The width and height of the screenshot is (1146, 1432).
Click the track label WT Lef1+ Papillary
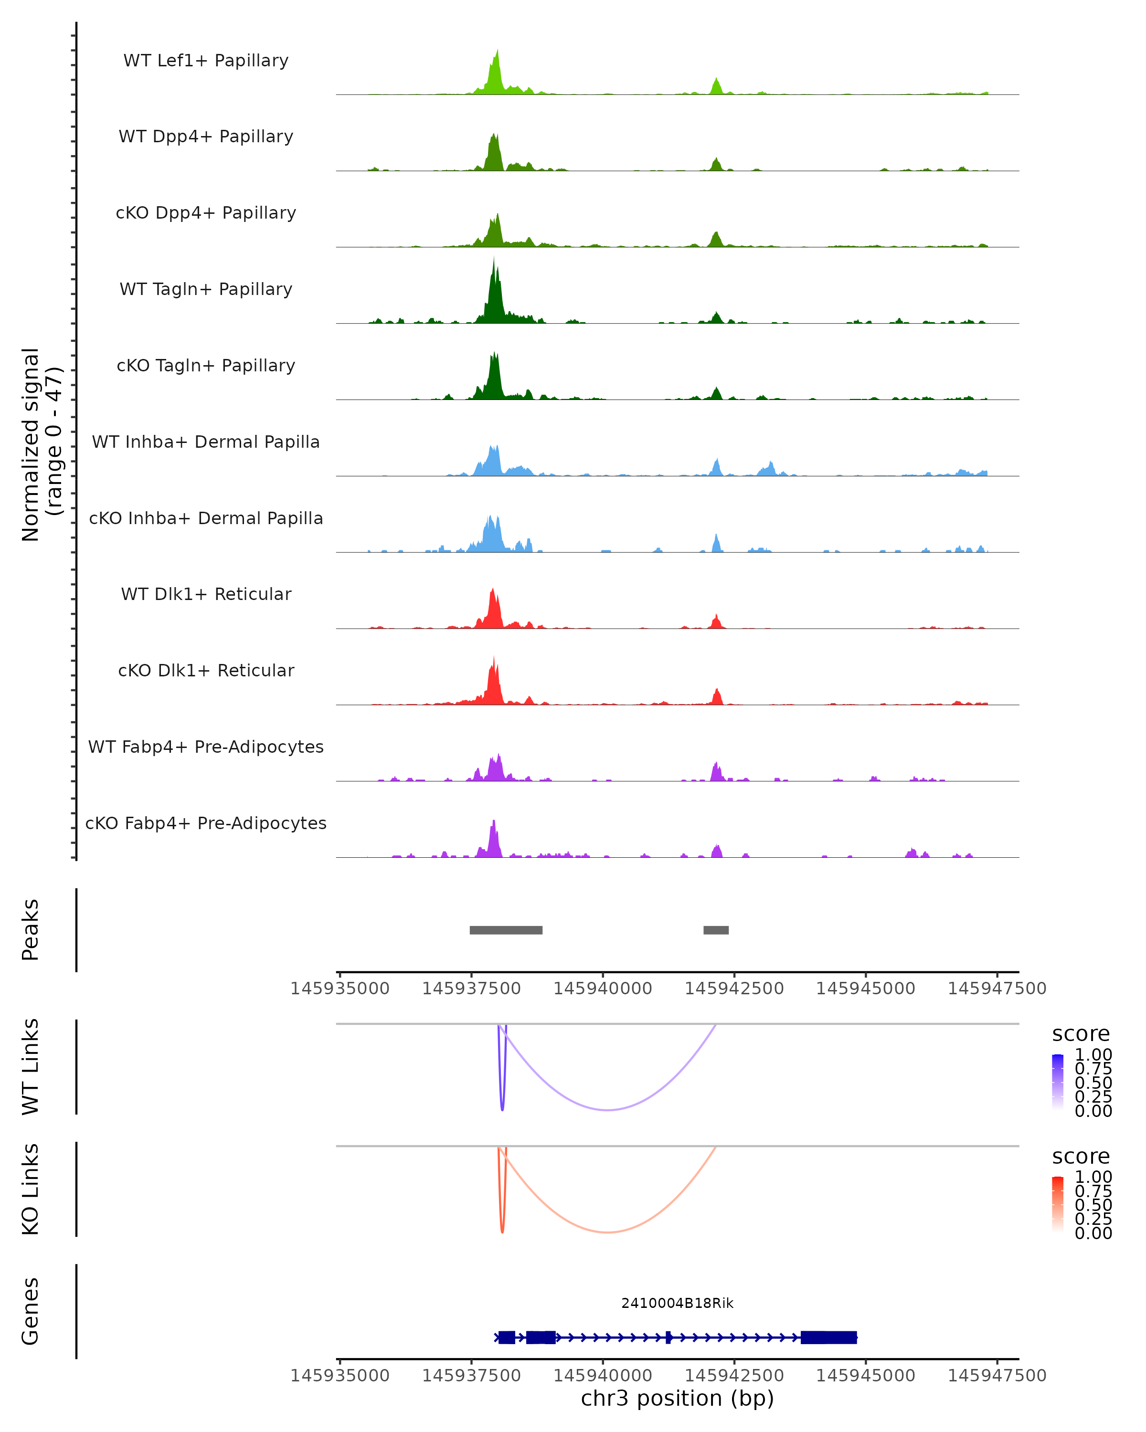pos(206,61)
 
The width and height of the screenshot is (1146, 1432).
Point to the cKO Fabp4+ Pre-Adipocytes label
pos(206,823)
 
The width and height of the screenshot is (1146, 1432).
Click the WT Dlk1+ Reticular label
pos(206,594)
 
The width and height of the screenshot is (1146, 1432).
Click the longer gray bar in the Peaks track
pos(506,930)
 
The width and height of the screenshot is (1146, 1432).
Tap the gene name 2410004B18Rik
pos(677,1303)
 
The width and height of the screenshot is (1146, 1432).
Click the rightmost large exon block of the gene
pos(828,1337)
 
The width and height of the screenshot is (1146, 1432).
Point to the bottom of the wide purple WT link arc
pos(607,1110)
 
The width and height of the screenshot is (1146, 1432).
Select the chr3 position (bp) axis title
pos(677,1398)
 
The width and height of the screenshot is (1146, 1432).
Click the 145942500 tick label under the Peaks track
pos(734,989)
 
